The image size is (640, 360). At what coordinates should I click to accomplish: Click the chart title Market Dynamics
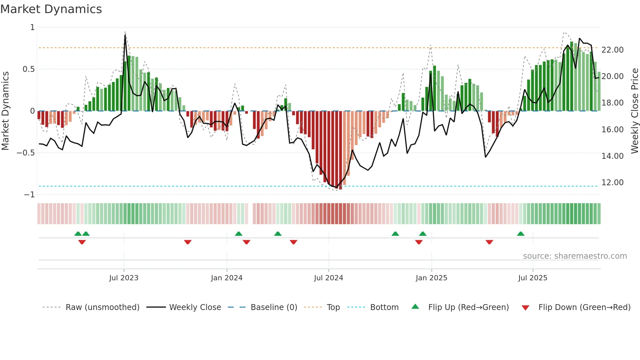point(51,9)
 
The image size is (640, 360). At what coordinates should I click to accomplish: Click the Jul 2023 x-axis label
point(124,278)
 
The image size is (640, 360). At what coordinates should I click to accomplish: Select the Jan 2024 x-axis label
point(227,278)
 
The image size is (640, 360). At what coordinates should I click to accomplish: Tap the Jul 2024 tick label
point(328,278)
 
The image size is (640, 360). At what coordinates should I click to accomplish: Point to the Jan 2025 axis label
point(431,278)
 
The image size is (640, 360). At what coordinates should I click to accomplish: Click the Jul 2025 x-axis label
point(533,278)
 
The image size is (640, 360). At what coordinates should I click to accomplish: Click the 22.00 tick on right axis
point(612,50)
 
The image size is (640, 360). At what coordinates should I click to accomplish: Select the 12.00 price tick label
point(612,183)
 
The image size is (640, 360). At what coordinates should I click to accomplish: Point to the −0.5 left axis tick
point(25,153)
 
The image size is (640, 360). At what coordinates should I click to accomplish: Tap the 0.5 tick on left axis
point(28,69)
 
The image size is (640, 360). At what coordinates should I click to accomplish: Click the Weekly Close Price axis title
point(634,111)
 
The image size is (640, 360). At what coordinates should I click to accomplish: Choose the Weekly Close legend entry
point(195,307)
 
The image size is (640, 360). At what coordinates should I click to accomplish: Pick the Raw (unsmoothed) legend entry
point(102,307)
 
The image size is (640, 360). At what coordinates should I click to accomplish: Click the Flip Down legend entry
point(584,307)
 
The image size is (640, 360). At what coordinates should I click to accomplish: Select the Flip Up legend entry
point(468,307)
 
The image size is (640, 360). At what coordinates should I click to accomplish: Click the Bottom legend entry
point(384,307)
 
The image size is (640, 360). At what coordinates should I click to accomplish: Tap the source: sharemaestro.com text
point(575,256)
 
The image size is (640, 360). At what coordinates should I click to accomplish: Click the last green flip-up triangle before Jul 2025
point(520,234)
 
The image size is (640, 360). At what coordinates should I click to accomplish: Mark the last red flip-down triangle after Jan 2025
point(489,242)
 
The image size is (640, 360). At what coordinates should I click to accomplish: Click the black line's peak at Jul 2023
point(125,35)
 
